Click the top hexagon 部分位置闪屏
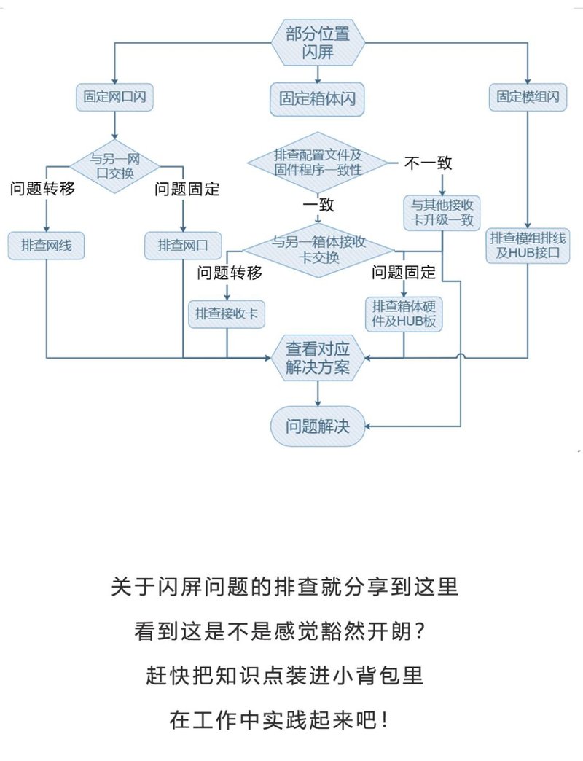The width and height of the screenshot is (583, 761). click(317, 42)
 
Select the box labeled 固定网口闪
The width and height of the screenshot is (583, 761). click(114, 97)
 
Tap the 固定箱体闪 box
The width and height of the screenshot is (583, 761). click(317, 98)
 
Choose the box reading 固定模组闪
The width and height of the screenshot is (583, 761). click(528, 97)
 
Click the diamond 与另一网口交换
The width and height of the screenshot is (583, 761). click(114, 166)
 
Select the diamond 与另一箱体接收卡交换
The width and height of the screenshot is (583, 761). click(318, 250)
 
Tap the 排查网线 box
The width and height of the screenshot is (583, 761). click(46, 246)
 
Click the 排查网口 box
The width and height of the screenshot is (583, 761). click(182, 246)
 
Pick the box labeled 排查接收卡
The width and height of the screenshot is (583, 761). click(227, 313)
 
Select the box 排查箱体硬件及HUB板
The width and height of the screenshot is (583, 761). click(404, 313)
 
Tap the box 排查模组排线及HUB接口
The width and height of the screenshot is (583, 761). click(528, 246)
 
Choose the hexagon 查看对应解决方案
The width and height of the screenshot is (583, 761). click(317, 358)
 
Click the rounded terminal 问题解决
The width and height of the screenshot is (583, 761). click(317, 426)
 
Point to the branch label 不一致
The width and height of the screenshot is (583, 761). click(429, 163)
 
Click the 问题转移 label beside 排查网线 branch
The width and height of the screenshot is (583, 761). click(42, 190)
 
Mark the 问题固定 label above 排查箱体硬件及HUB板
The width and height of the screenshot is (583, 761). click(404, 273)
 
